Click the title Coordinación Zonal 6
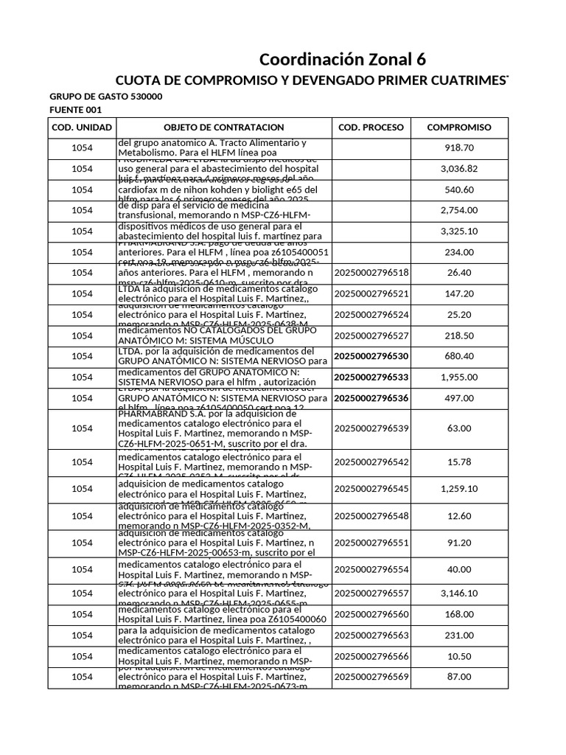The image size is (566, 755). pos(343,59)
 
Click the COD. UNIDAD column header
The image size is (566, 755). pos(82,128)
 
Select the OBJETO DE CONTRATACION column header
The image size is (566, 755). pos(223,128)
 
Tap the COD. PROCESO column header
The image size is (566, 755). pos(371,128)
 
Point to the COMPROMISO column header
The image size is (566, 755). pos(459,128)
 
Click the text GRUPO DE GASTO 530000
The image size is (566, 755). pos(106,97)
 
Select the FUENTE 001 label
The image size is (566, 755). pos(77,111)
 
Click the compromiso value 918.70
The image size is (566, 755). pos(459,148)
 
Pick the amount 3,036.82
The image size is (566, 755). pos(459,169)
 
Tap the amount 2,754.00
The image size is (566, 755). pos(459,210)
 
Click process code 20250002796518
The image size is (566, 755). pos(371,273)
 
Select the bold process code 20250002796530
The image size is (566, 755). pos(371,356)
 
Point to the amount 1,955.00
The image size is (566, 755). pos(459,377)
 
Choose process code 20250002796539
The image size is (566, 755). pos(371,428)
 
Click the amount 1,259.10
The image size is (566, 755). pos(459,489)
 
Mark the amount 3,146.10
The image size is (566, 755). pos(459,594)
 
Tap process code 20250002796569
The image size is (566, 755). pos(371,677)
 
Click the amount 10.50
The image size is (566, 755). pos(459,656)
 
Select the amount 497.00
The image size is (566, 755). pos(459,398)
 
